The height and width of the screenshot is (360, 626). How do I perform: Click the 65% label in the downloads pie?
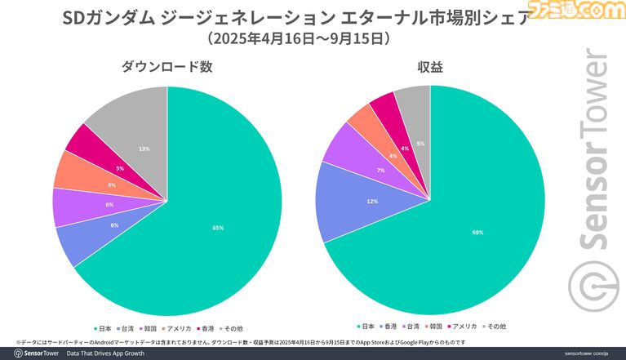click(217, 228)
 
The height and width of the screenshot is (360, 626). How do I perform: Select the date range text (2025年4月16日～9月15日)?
click(297, 38)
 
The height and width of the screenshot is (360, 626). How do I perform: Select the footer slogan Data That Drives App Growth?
click(107, 353)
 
